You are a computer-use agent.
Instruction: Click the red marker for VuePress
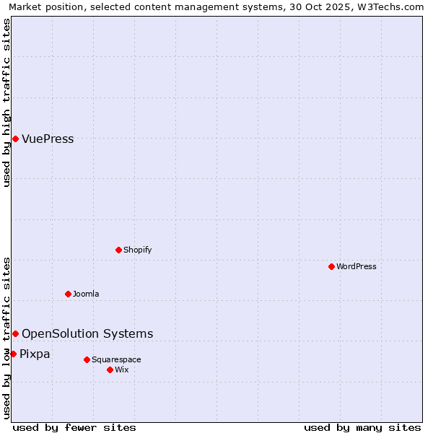point(15,139)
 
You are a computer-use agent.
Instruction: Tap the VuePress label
point(48,139)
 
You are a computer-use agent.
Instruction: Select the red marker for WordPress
point(331,266)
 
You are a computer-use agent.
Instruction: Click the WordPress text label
point(356,266)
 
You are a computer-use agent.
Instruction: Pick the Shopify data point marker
point(118,250)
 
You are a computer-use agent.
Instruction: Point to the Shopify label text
point(137,250)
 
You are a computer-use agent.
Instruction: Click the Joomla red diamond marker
point(68,294)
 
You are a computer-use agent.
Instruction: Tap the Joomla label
point(85,294)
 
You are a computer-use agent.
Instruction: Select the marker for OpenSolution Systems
point(15,333)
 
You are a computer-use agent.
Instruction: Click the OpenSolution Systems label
point(87,333)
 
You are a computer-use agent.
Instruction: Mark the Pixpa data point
point(13,354)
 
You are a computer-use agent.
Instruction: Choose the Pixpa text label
point(35,354)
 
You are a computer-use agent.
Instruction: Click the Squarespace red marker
point(87,359)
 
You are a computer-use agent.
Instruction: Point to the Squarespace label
point(116,359)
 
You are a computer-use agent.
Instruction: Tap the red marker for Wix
point(110,369)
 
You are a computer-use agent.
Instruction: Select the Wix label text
point(121,369)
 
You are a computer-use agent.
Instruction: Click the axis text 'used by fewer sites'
point(74,427)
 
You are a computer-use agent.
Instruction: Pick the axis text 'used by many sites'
point(362,427)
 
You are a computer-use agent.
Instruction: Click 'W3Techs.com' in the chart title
point(393,6)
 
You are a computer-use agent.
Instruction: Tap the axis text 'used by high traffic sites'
point(6,103)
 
